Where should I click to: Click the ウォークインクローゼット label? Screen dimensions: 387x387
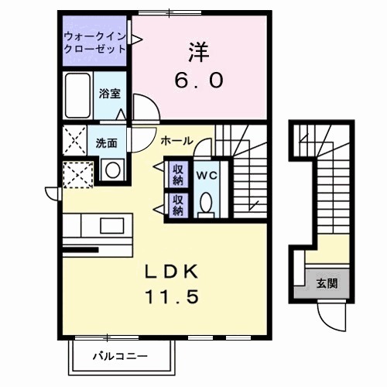pos(94,41)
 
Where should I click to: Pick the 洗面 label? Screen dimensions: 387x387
pos(107,143)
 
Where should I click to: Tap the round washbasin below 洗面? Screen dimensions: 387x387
pos(110,170)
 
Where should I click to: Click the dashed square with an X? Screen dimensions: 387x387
pos(78,172)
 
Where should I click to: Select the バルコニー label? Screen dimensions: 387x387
pos(120,357)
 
